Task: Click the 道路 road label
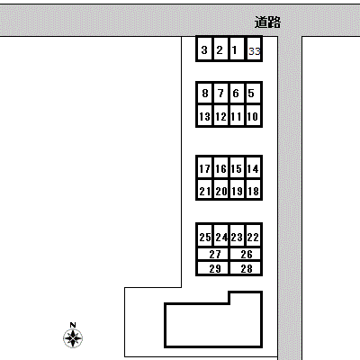tap(267, 22)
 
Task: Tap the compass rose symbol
tap(73, 338)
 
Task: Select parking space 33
tap(254, 49)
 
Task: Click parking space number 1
tap(237, 49)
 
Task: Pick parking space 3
tap(204, 49)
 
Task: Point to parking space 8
tap(205, 93)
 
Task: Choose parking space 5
tap(254, 93)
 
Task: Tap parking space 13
tap(205, 116)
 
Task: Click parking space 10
tap(254, 116)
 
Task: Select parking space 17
tap(205, 168)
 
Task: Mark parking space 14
tap(254, 168)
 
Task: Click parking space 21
tap(205, 190)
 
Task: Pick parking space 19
tap(238, 190)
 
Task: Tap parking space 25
tap(205, 237)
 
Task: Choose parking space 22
tap(254, 237)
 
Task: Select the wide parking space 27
tap(213, 255)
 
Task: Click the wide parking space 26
tap(246, 255)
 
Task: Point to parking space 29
tap(213, 268)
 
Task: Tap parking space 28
tap(246, 268)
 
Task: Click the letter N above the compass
tap(73, 325)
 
